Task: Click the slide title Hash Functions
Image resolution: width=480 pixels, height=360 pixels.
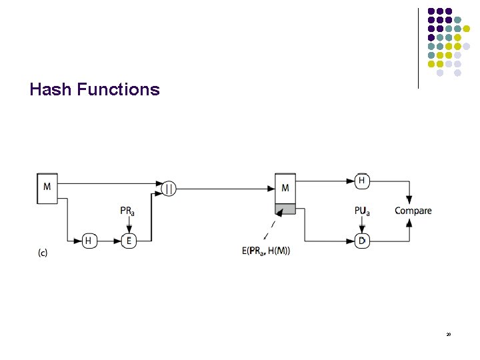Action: pos(95,89)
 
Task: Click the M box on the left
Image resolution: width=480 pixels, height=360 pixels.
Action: pos(47,187)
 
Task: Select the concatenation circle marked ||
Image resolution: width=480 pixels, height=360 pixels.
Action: pos(169,189)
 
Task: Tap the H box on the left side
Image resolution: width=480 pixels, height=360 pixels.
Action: pos(89,241)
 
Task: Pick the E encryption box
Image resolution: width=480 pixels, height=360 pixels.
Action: pos(129,241)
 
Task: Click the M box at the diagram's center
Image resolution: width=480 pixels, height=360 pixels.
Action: pos(285,188)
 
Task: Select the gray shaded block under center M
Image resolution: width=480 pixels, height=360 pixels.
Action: pos(285,209)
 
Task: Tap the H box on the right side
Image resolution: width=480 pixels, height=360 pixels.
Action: pos(362,180)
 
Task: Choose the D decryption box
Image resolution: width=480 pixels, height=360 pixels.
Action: pos(362,241)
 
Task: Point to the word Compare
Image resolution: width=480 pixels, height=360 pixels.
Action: pos(413,211)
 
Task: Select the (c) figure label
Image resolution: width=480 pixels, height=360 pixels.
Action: pos(42,252)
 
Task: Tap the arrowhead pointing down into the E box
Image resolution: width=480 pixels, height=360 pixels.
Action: pos(129,229)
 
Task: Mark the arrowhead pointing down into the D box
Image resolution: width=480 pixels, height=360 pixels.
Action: pos(362,229)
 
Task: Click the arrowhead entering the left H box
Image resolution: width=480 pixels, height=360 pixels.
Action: pos(79,241)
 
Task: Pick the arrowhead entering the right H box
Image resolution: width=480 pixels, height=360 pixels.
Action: pos(351,180)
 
